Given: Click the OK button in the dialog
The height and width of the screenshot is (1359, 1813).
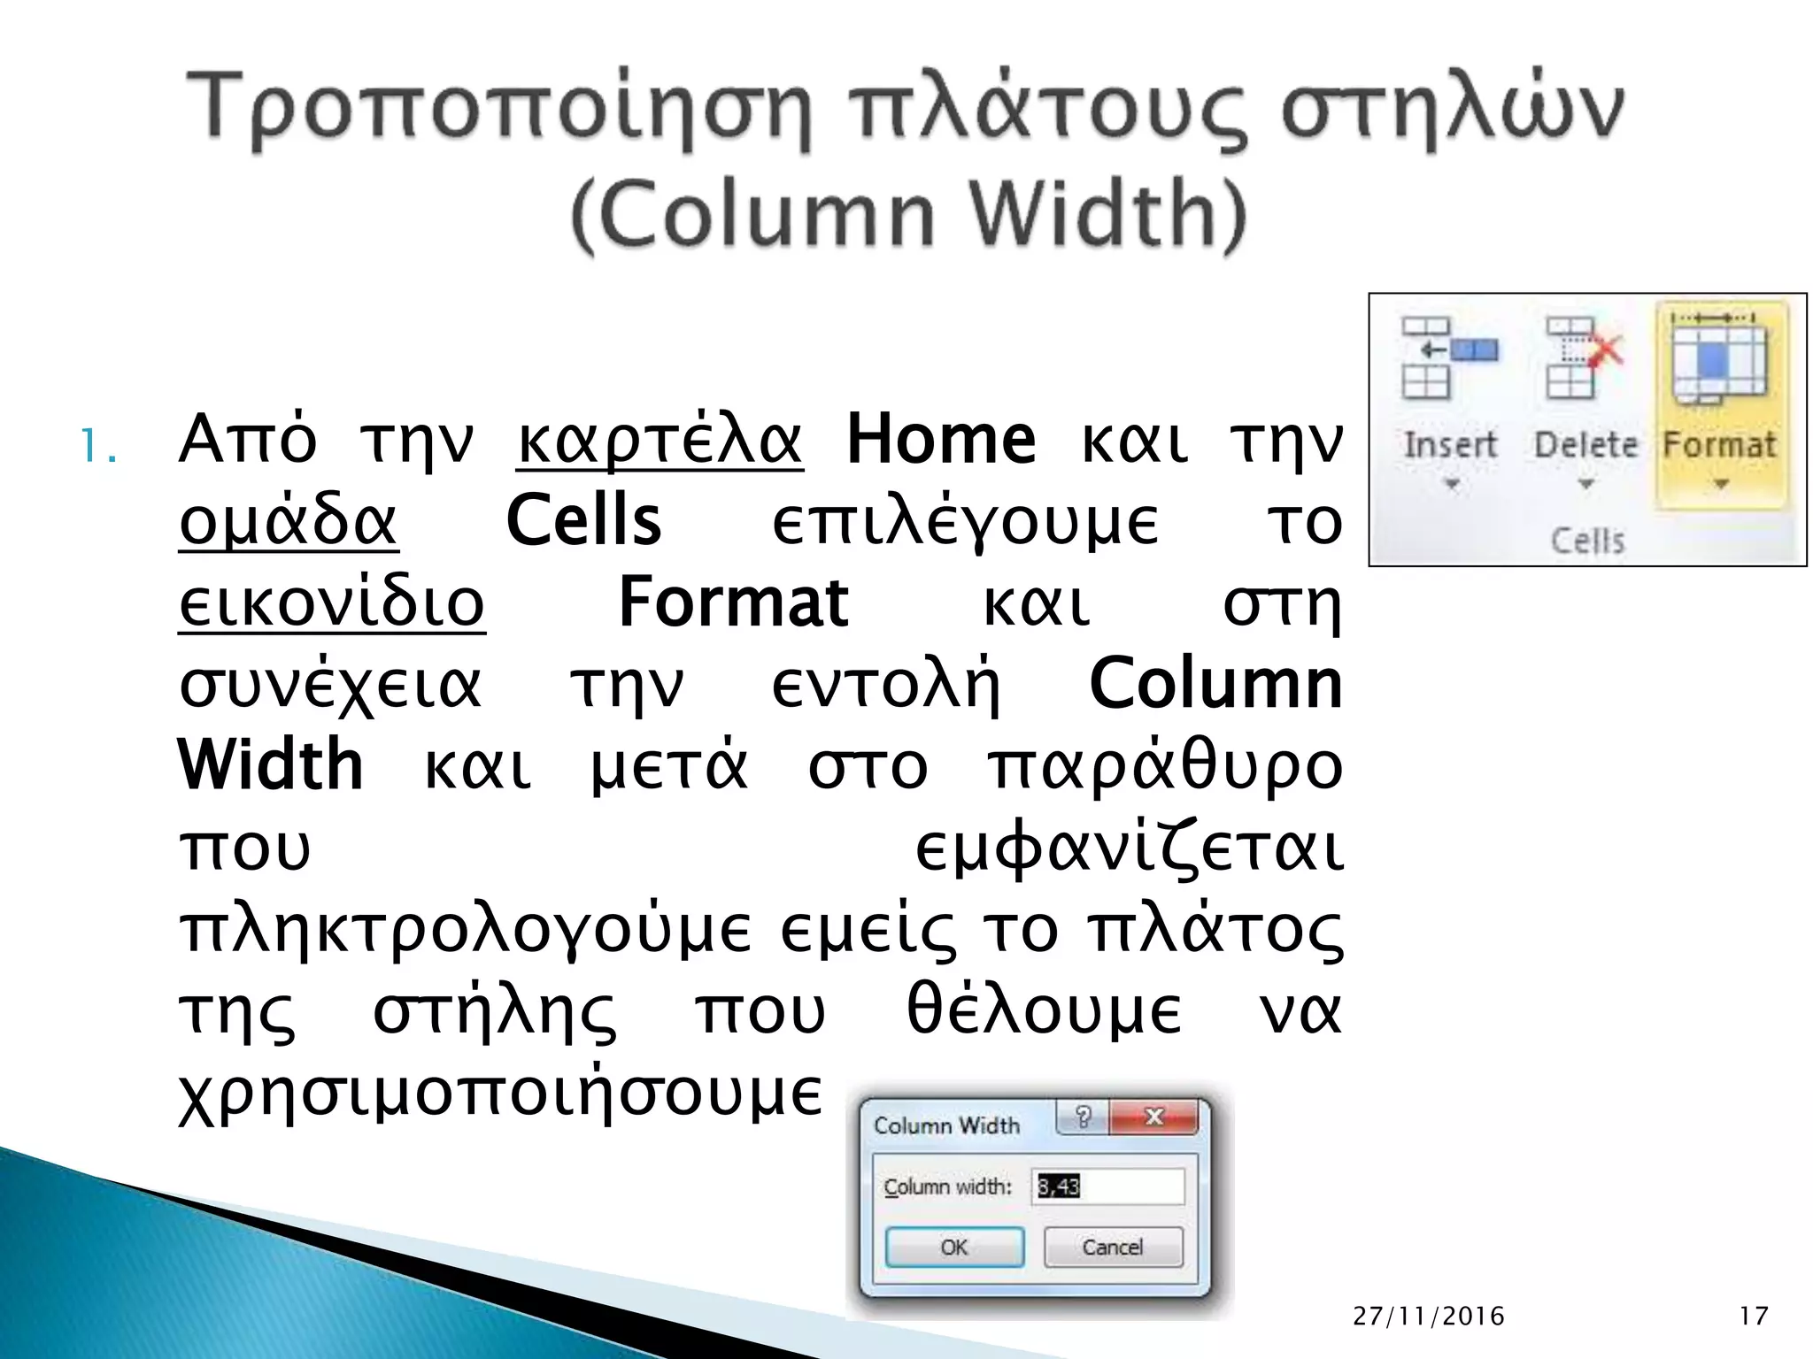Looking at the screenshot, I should click(954, 1248).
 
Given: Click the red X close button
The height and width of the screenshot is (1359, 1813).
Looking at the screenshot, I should click(1153, 1117).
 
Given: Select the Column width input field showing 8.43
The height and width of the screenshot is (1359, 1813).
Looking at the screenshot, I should click(1109, 1186).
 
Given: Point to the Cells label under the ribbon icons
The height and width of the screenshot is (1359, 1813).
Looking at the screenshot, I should click(1588, 541).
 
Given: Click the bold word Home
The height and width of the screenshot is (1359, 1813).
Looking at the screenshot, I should click(940, 440).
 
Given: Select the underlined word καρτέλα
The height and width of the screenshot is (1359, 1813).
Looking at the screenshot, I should click(660, 440).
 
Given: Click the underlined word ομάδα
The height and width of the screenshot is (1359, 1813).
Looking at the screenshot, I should click(289, 521).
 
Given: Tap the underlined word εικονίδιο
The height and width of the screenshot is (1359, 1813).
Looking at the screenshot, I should click(332, 603).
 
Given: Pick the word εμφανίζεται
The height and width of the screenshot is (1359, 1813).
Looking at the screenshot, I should click(1129, 848).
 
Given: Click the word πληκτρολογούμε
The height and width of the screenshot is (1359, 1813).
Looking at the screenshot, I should click(466, 930).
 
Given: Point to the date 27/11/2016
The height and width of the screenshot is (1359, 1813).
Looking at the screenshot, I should click(1429, 1316).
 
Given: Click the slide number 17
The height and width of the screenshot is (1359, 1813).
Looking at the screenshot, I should click(1754, 1316).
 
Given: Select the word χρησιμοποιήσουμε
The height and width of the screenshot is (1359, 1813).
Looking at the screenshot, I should click(501, 1094).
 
